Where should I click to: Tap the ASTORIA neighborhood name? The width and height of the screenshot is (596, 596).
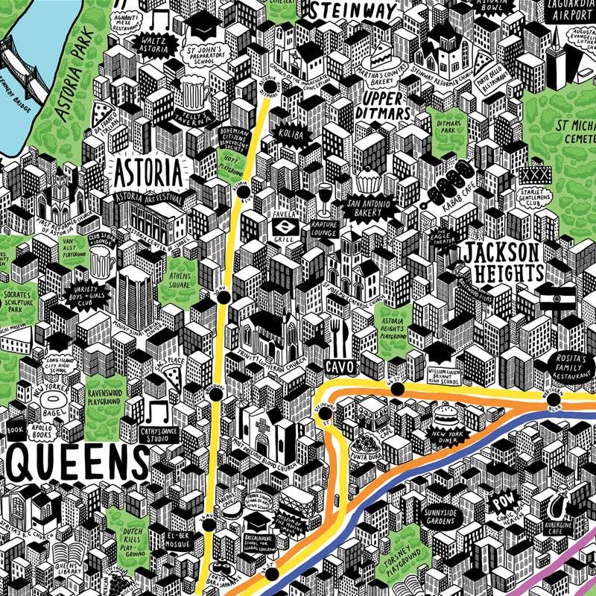[148, 172]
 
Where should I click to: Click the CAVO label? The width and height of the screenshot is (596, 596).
[339, 367]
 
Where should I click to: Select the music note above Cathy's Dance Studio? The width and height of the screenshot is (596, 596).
[157, 410]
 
